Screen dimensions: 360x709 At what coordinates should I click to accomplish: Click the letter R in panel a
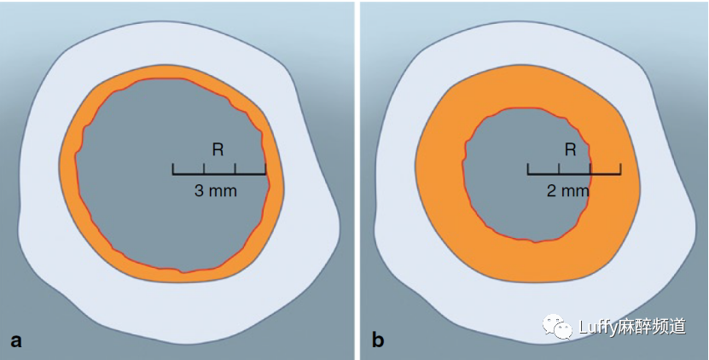tap(218, 150)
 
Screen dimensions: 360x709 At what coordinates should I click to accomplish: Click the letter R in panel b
tap(571, 150)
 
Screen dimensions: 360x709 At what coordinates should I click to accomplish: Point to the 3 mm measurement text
tap(216, 191)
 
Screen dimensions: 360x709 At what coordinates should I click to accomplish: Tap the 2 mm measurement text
tap(568, 191)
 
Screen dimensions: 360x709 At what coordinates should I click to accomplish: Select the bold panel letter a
tap(15, 341)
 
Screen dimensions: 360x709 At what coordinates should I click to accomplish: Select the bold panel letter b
tap(378, 341)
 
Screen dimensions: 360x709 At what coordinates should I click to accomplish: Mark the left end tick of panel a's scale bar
tap(173, 169)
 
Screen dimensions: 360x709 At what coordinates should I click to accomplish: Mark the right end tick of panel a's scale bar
tap(265, 169)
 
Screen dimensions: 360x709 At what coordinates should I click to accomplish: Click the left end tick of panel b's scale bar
tap(528, 169)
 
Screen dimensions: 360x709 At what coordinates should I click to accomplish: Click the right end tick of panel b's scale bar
tap(620, 169)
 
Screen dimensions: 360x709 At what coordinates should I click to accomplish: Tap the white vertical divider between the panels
tap(356, 171)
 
